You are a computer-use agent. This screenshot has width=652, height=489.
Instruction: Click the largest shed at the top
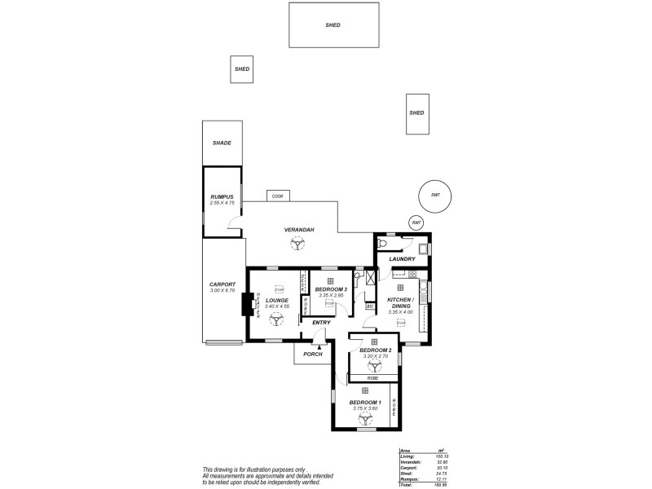(333, 24)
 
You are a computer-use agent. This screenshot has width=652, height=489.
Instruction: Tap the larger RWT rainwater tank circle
(434, 195)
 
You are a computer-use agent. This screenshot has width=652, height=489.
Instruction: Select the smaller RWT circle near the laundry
(416, 222)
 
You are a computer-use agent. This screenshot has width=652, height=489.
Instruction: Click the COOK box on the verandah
(278, 196)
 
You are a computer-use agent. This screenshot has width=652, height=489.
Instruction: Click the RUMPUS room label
(222, 197)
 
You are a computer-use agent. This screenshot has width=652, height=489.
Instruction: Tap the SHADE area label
(222, 143)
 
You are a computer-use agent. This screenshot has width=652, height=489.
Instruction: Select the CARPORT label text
(222, 284)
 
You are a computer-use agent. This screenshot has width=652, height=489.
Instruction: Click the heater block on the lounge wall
(245, 304)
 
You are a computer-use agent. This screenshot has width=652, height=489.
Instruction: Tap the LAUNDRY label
(403, 259)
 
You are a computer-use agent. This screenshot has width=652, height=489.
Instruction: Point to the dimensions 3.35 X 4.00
(400, 312)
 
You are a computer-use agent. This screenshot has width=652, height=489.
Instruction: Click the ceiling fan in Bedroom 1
(365, 416)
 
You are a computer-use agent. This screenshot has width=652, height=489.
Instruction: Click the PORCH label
(313, 354)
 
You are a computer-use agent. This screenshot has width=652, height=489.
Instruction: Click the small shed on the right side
(416, 113)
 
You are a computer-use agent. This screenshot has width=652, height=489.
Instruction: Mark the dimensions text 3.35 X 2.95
(332, 295)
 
